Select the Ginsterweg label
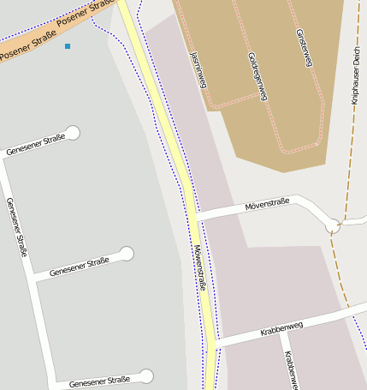pyautogui.click(x=305, y=49)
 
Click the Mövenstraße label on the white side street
pyautogui.click(x=267, y=204)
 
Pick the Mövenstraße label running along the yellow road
pyautogui.click(x=199, y=268)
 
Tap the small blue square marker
pyautogui.click(x=68, y=45)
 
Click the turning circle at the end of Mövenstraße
pyautogui.click(x=333, y=225)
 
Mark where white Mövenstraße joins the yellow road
pyautogui.click(x=193, y=218)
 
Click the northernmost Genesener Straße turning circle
pyautogui.click(x=73, y=132)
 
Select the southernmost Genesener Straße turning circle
pyautogui.click(x=146, y=375)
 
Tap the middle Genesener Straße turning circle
pyautogui.click(x=127, y=253)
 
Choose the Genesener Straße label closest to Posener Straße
pyautogui.click(x=35, y=145)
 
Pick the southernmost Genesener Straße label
pyautogui.click(x=99, y=380)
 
